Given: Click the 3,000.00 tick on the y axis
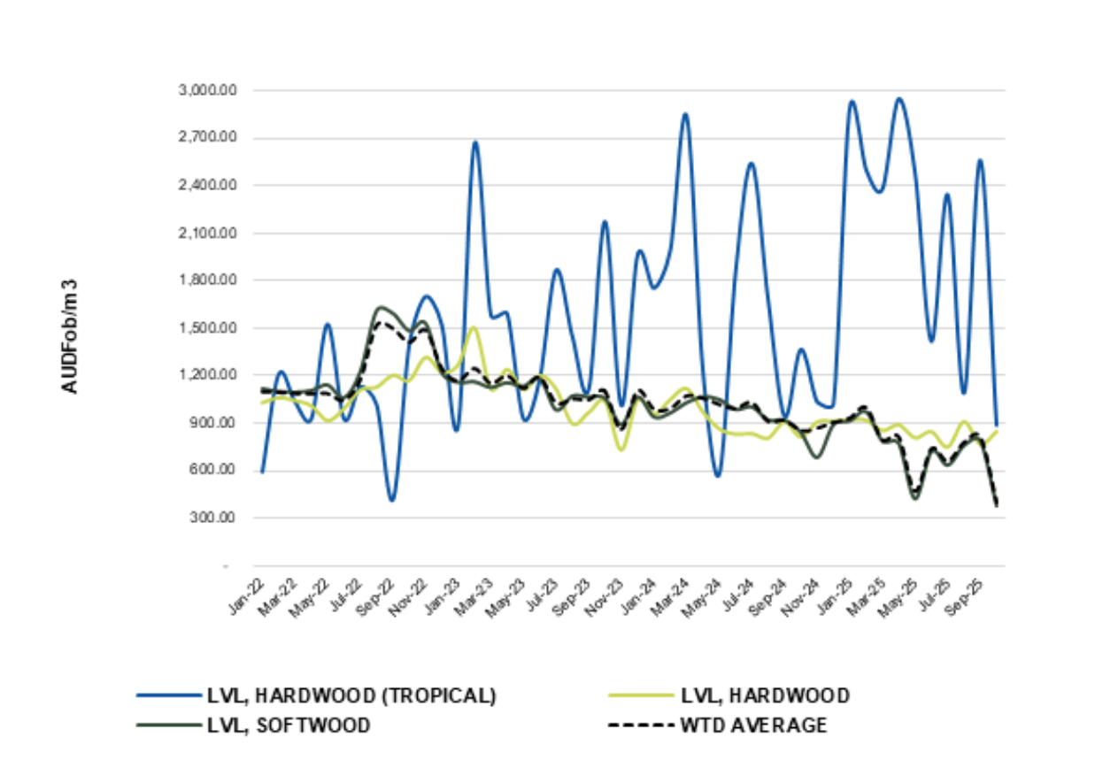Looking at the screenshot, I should pos(202,91).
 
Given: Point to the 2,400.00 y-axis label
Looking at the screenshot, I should pos(202,186).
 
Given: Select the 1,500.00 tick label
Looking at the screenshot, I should pos(202,328).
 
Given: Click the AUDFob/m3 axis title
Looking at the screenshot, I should pos(70,336).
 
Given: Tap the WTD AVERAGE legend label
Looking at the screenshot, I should pos(753,725).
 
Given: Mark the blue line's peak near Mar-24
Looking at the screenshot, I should pos(684,114).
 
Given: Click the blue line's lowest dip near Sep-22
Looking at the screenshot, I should pos(391,500).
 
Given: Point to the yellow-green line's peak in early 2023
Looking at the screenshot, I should pos(474,327).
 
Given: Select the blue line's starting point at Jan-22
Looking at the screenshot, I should pos(262,472).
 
